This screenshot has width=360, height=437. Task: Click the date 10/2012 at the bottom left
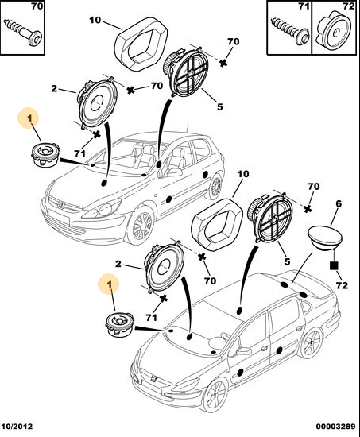tap(17, 427)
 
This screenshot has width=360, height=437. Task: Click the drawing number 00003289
tap(335, 427)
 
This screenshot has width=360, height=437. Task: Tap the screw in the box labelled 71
tap(290, 30)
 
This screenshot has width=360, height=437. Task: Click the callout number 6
tap(339, 203)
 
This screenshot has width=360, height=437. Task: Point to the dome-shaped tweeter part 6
tap(325, 238)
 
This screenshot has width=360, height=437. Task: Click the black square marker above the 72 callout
tap(334, 265)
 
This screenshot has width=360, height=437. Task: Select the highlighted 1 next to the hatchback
tap(29, 118)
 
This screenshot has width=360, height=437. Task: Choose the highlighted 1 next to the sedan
tap(110, 284)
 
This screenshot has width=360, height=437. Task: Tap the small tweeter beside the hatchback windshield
tap(45, 154)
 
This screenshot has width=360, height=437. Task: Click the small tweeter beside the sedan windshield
tap(120, 324)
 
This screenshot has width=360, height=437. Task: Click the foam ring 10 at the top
tap(141, 44)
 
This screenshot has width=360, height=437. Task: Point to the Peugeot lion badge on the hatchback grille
tap(61, 204)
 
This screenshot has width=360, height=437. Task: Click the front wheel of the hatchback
tap(142, 225)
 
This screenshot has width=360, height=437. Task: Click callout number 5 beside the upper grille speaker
tap(220, 106)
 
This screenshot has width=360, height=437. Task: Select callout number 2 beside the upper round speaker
tap(54, 88)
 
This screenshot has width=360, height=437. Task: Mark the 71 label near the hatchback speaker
tap(79, 153)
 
